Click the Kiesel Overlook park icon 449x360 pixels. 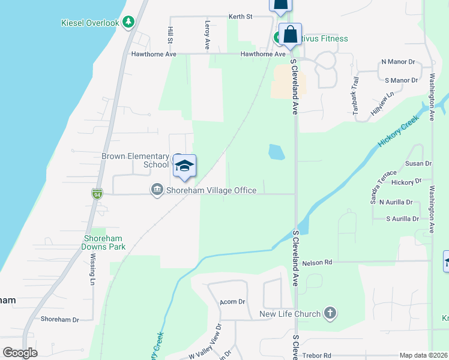(128, 22)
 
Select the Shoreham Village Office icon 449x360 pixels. (157, 190)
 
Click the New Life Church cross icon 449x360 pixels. (330, 313)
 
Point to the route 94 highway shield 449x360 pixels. (97, 194)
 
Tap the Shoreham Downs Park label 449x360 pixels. (104, 242)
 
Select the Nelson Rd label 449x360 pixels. (318, 262)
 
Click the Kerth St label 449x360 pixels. (240, 17)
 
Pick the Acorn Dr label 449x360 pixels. (233, 302)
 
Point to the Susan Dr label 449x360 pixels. (418, 163)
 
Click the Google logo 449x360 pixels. (20, 353)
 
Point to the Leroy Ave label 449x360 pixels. (207, 35)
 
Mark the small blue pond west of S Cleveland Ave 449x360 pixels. (276, 152)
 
